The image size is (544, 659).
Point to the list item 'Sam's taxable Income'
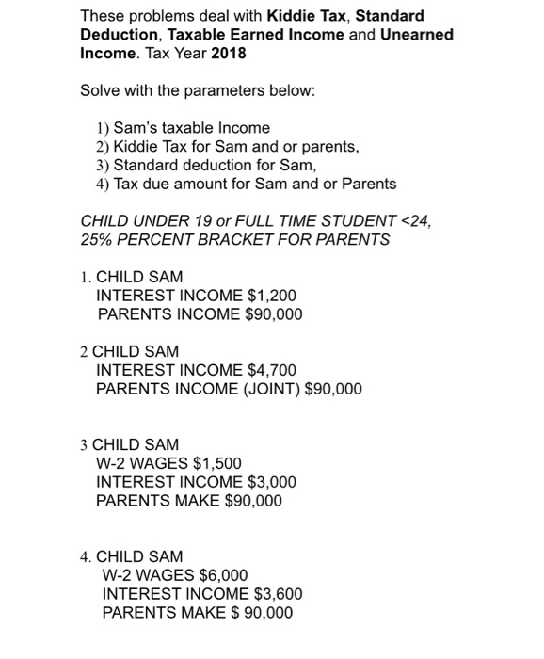(x=184, y=127)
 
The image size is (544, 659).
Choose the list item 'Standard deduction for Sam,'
(x=194, y=165)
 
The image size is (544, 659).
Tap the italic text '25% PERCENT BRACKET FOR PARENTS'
(x=234, y=239)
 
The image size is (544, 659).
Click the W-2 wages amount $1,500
(x=216, y=463)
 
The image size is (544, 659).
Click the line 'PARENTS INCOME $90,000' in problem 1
(x=200, y=314)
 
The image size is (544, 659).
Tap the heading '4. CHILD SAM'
(x=131, y=556)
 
